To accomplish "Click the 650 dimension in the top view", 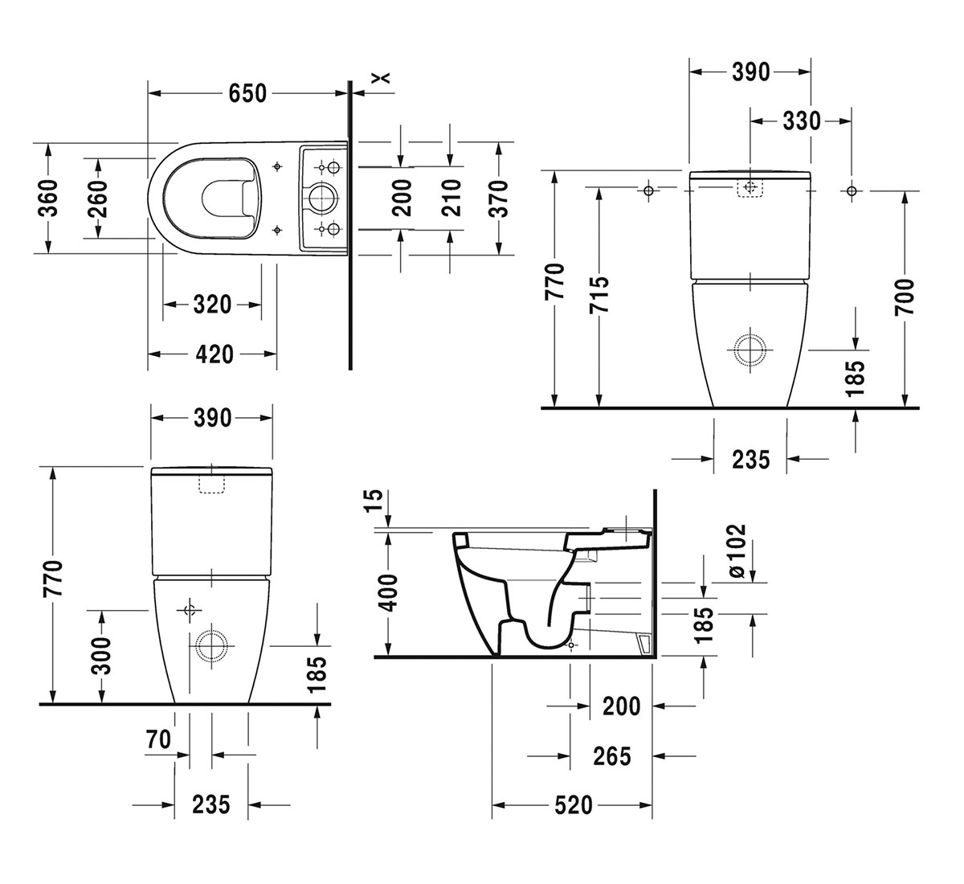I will click(x=247, y=93).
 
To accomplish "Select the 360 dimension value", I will click(x=48, y=198).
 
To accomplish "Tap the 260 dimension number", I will click(x=97, y=198).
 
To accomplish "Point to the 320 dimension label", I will click(x=212, y=305).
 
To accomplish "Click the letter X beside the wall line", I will click(x=382, y=77).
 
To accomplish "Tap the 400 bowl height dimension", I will click(x=388, y=593).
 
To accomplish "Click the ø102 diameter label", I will click(x=737, y=551).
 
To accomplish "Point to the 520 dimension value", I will click(x=572, y=804).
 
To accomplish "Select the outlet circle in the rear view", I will click(x=750, y=350).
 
